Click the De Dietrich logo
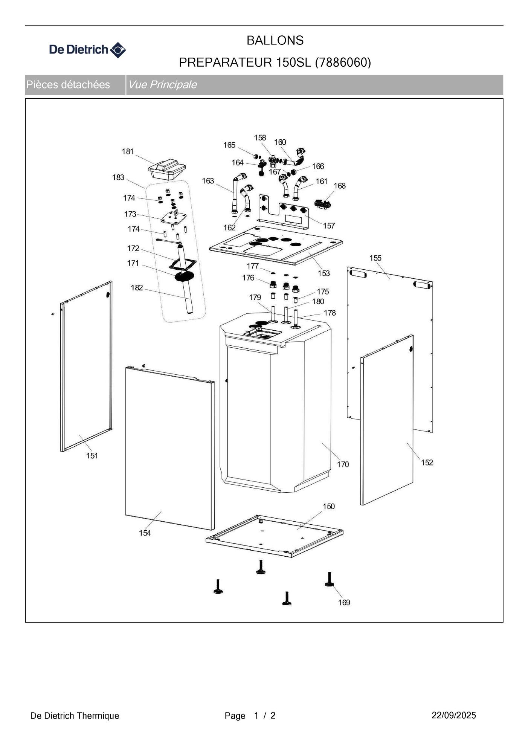tap(87, 50)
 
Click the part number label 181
tap(128, 151)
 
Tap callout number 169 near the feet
tap(344, 602)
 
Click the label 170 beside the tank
tap(343, 464)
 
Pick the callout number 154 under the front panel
tap(145, 533)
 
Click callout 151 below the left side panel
tap(92, 456)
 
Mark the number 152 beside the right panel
tap(427, 463)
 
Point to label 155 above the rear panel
tap(375, 258)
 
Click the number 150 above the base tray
tap(329, 506)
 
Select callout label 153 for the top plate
tap(324, 273)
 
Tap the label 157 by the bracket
tap(329, 226)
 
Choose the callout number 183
tap(118, 177)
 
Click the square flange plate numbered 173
tap(174, 218)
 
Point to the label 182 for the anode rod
tap(137, 288)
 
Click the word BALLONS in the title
tap(275, 40)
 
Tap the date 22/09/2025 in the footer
tap(453, 715)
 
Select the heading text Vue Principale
tap(162, 84)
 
